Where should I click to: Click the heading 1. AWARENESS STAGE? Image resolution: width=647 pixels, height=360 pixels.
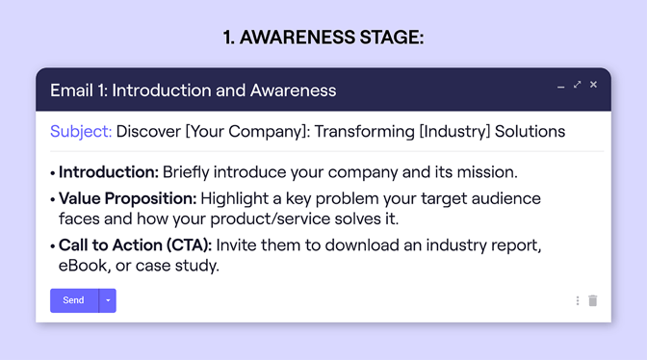tap(323, 38)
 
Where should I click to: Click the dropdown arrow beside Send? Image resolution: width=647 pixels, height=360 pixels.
tap(108, 300)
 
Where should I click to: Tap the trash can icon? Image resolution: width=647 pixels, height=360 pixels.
tap(593, 300)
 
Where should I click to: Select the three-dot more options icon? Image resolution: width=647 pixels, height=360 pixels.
tap(578, 300)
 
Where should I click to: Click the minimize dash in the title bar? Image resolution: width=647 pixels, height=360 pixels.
tap(561, 87)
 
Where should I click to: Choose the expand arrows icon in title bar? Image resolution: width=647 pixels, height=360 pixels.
tap(578, 86)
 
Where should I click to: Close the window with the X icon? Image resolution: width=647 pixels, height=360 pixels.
tap(594, 86)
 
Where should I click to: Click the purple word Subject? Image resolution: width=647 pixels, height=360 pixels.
tap(81, 131)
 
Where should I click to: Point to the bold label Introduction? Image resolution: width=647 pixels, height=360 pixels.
tap(108, 172)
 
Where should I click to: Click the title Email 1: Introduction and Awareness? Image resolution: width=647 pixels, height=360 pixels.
tap(194, 90)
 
